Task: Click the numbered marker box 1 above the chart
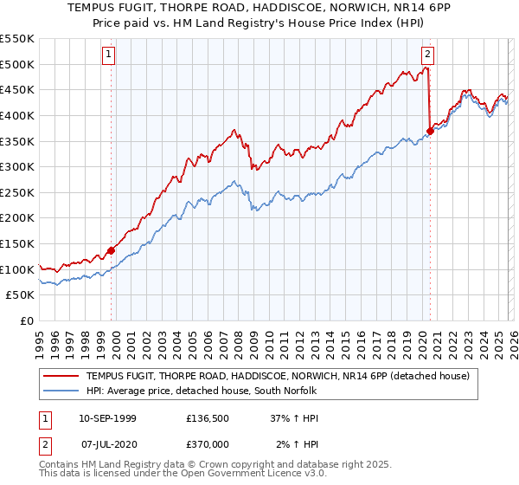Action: click(x=109, y=54)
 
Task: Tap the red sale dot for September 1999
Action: click(x=111, y=250)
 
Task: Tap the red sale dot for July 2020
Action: click(x=430, y=131)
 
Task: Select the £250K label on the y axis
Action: click(x=17, y=192)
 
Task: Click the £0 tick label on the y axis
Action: click(x=26, y=321)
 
